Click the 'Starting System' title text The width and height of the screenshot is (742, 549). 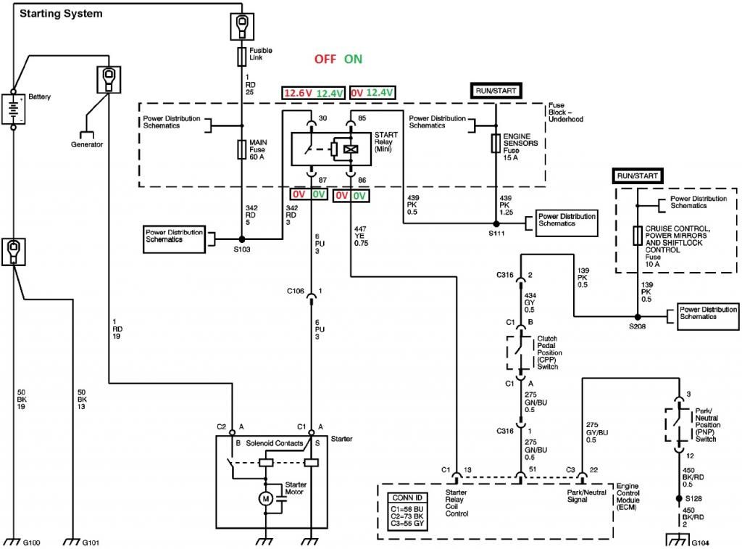(x=61, y=14)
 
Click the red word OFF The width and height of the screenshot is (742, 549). (x=325, y=59)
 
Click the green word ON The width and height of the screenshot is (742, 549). (x=354, y=59)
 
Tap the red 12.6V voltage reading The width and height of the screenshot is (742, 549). (x=297, y=93)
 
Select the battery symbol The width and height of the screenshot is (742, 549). (x=13, y=110)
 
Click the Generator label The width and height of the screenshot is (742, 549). (x=87, y=144)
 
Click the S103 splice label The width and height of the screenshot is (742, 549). (x=242, y=249)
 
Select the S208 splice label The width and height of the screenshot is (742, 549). (x=637, y=328)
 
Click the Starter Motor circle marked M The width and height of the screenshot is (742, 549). (x=265, y=498)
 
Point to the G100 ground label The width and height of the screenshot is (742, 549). (x=32, y=542)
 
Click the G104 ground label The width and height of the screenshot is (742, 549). (x=700, y=542)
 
